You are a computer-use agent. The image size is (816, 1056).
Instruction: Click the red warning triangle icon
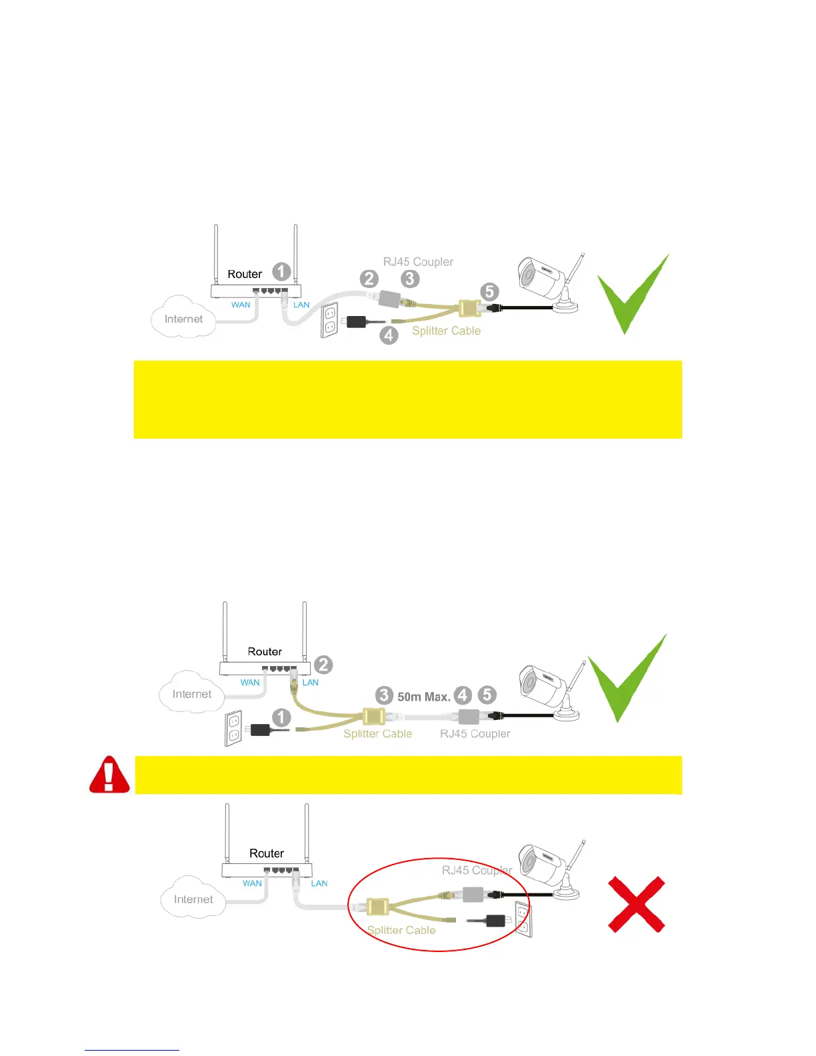(109, 775)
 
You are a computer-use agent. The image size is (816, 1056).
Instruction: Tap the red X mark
(637, 904)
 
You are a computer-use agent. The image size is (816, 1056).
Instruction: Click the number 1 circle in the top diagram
(281, 271)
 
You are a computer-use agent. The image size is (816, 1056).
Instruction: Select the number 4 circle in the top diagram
(389, 335)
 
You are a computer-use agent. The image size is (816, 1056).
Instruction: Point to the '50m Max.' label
(424, 697)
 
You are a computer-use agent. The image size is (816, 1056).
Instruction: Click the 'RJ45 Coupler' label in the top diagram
(418, 262)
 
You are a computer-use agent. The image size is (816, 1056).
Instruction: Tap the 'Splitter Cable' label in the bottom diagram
(401, 930)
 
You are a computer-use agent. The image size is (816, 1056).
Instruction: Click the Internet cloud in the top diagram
(183, 318)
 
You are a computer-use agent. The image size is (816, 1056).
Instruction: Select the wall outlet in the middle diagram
(233, 728)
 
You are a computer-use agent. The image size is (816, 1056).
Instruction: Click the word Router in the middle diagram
(265, 651)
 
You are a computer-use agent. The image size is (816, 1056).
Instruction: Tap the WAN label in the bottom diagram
(252, 883)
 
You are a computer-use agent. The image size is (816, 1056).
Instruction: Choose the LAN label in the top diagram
(301, 305)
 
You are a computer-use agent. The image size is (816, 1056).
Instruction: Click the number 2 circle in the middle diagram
(323, 665)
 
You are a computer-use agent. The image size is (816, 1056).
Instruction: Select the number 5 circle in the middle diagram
(487, 695)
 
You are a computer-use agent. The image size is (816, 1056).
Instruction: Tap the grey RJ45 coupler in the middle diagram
(469, 717)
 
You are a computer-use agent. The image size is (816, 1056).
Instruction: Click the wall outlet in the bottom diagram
(523, 919)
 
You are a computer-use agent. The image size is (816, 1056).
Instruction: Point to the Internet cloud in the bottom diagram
(193, 898)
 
